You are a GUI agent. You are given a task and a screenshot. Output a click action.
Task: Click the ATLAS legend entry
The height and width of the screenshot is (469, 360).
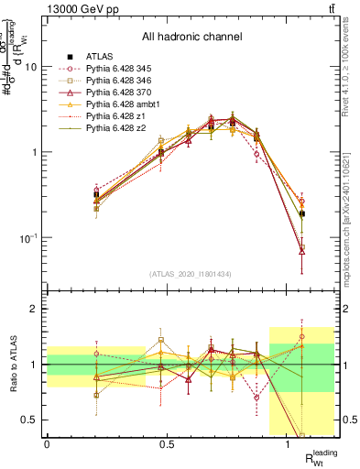pyautogui.click(x=96, y=56)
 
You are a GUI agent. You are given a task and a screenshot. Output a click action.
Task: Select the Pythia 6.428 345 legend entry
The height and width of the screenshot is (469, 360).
pyautogui.click(x=123, y=69)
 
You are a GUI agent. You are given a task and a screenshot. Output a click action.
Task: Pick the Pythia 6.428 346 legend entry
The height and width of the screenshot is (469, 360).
pyautogui.click(x=123, y=81)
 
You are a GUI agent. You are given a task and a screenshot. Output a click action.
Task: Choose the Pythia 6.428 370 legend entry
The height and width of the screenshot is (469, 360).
pyautogui.click(x=123, y=93)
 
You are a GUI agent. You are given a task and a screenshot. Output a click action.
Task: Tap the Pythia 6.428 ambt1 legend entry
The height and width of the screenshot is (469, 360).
pyautogui.click(x=125, y=104)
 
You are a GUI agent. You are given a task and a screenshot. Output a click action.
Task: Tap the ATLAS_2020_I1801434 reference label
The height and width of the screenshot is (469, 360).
pyautogui.click(x=191, y=275)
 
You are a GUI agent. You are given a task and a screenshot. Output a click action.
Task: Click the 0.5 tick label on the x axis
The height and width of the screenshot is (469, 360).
pyautogui.click(x=167, y=445)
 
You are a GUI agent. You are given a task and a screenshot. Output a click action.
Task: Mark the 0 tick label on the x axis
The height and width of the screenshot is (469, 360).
pyautogui.click(x=47, y=445)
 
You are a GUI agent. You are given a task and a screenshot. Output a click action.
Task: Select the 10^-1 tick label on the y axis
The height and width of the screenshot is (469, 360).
pyautogui.click(x=28, y=237)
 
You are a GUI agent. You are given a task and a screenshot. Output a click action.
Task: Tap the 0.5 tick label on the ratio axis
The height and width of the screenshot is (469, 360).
pyautogui.click(x=32, y=420)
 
